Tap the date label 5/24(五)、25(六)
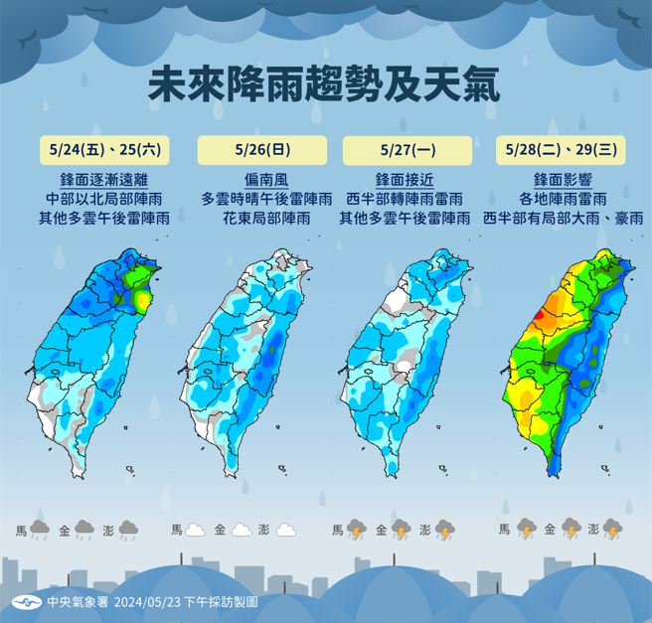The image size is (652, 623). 104,150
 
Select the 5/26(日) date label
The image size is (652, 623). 262,150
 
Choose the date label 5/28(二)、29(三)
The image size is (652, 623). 561,150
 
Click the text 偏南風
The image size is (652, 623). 262,180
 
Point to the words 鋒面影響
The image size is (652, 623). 562,180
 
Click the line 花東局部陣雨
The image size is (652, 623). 262,217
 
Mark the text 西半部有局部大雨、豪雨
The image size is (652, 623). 562,217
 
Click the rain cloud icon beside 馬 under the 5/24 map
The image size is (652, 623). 41,530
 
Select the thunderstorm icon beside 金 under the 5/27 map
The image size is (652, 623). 401,530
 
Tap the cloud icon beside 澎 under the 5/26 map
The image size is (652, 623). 285,530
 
